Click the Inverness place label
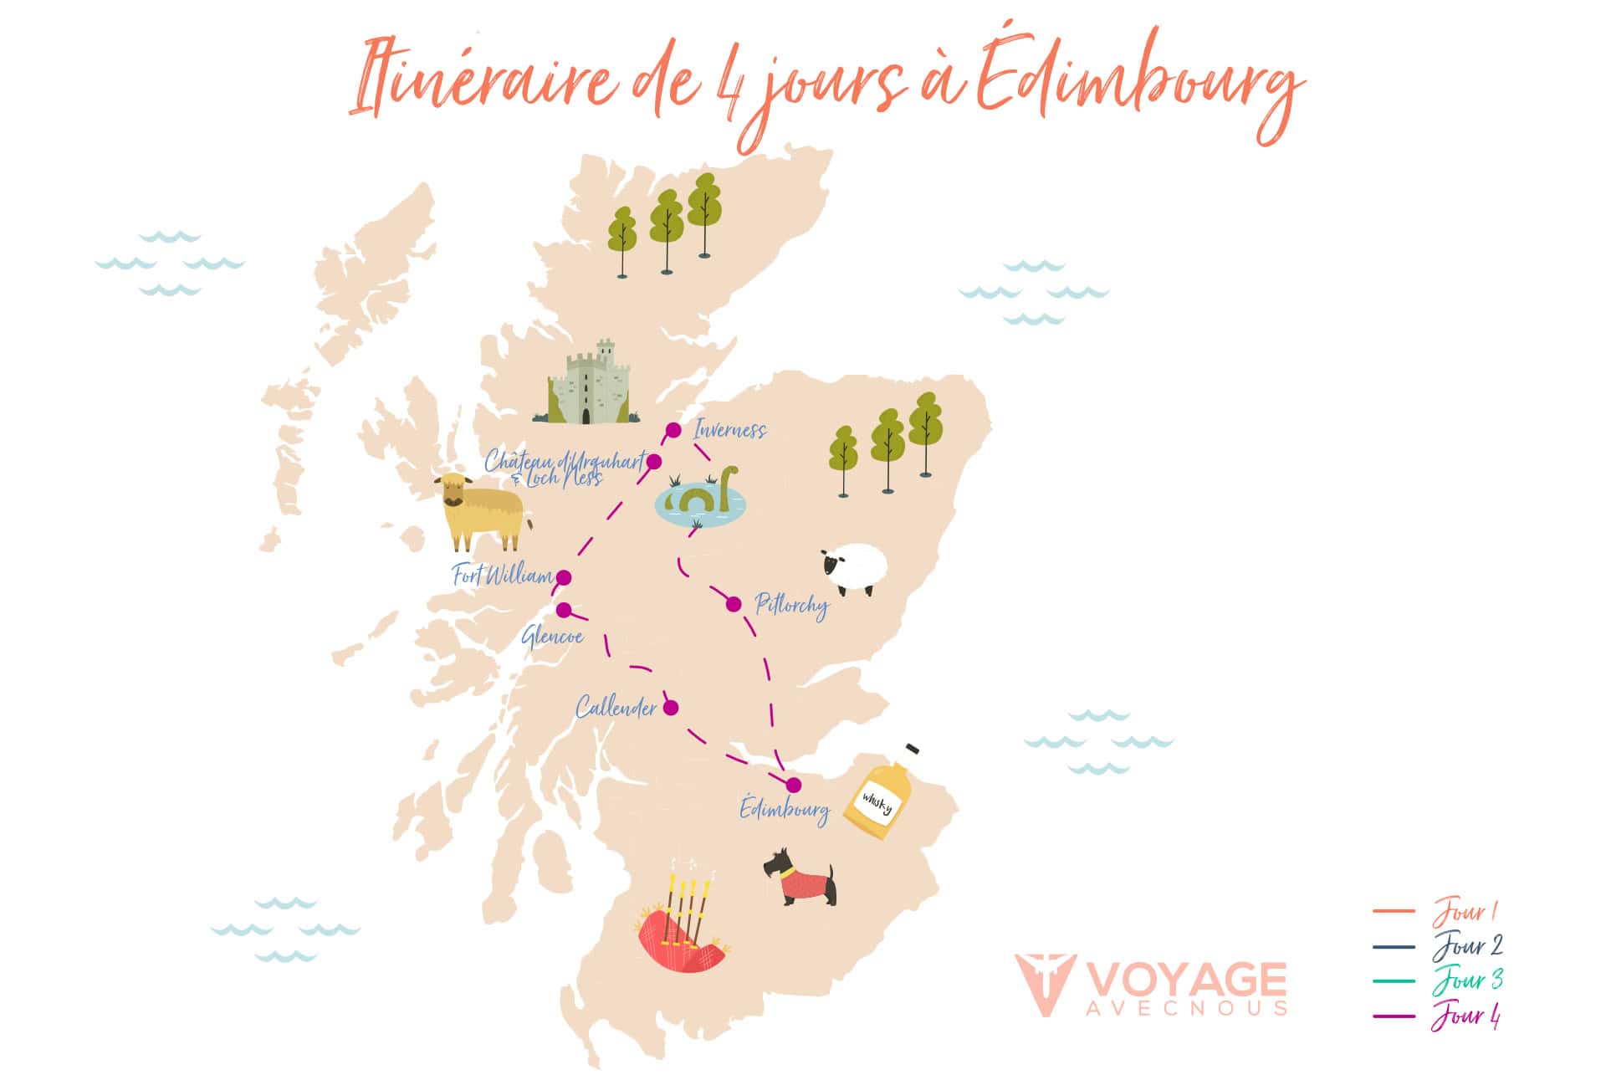point(729,430)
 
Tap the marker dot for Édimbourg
point(793,785)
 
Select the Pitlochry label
point(791,605)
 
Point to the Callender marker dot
point(671,707)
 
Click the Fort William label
point(502,576)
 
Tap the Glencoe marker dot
point(564,610)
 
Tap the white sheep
point(855,570)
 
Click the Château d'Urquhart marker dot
point(654,462)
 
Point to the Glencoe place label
point(552,637)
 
